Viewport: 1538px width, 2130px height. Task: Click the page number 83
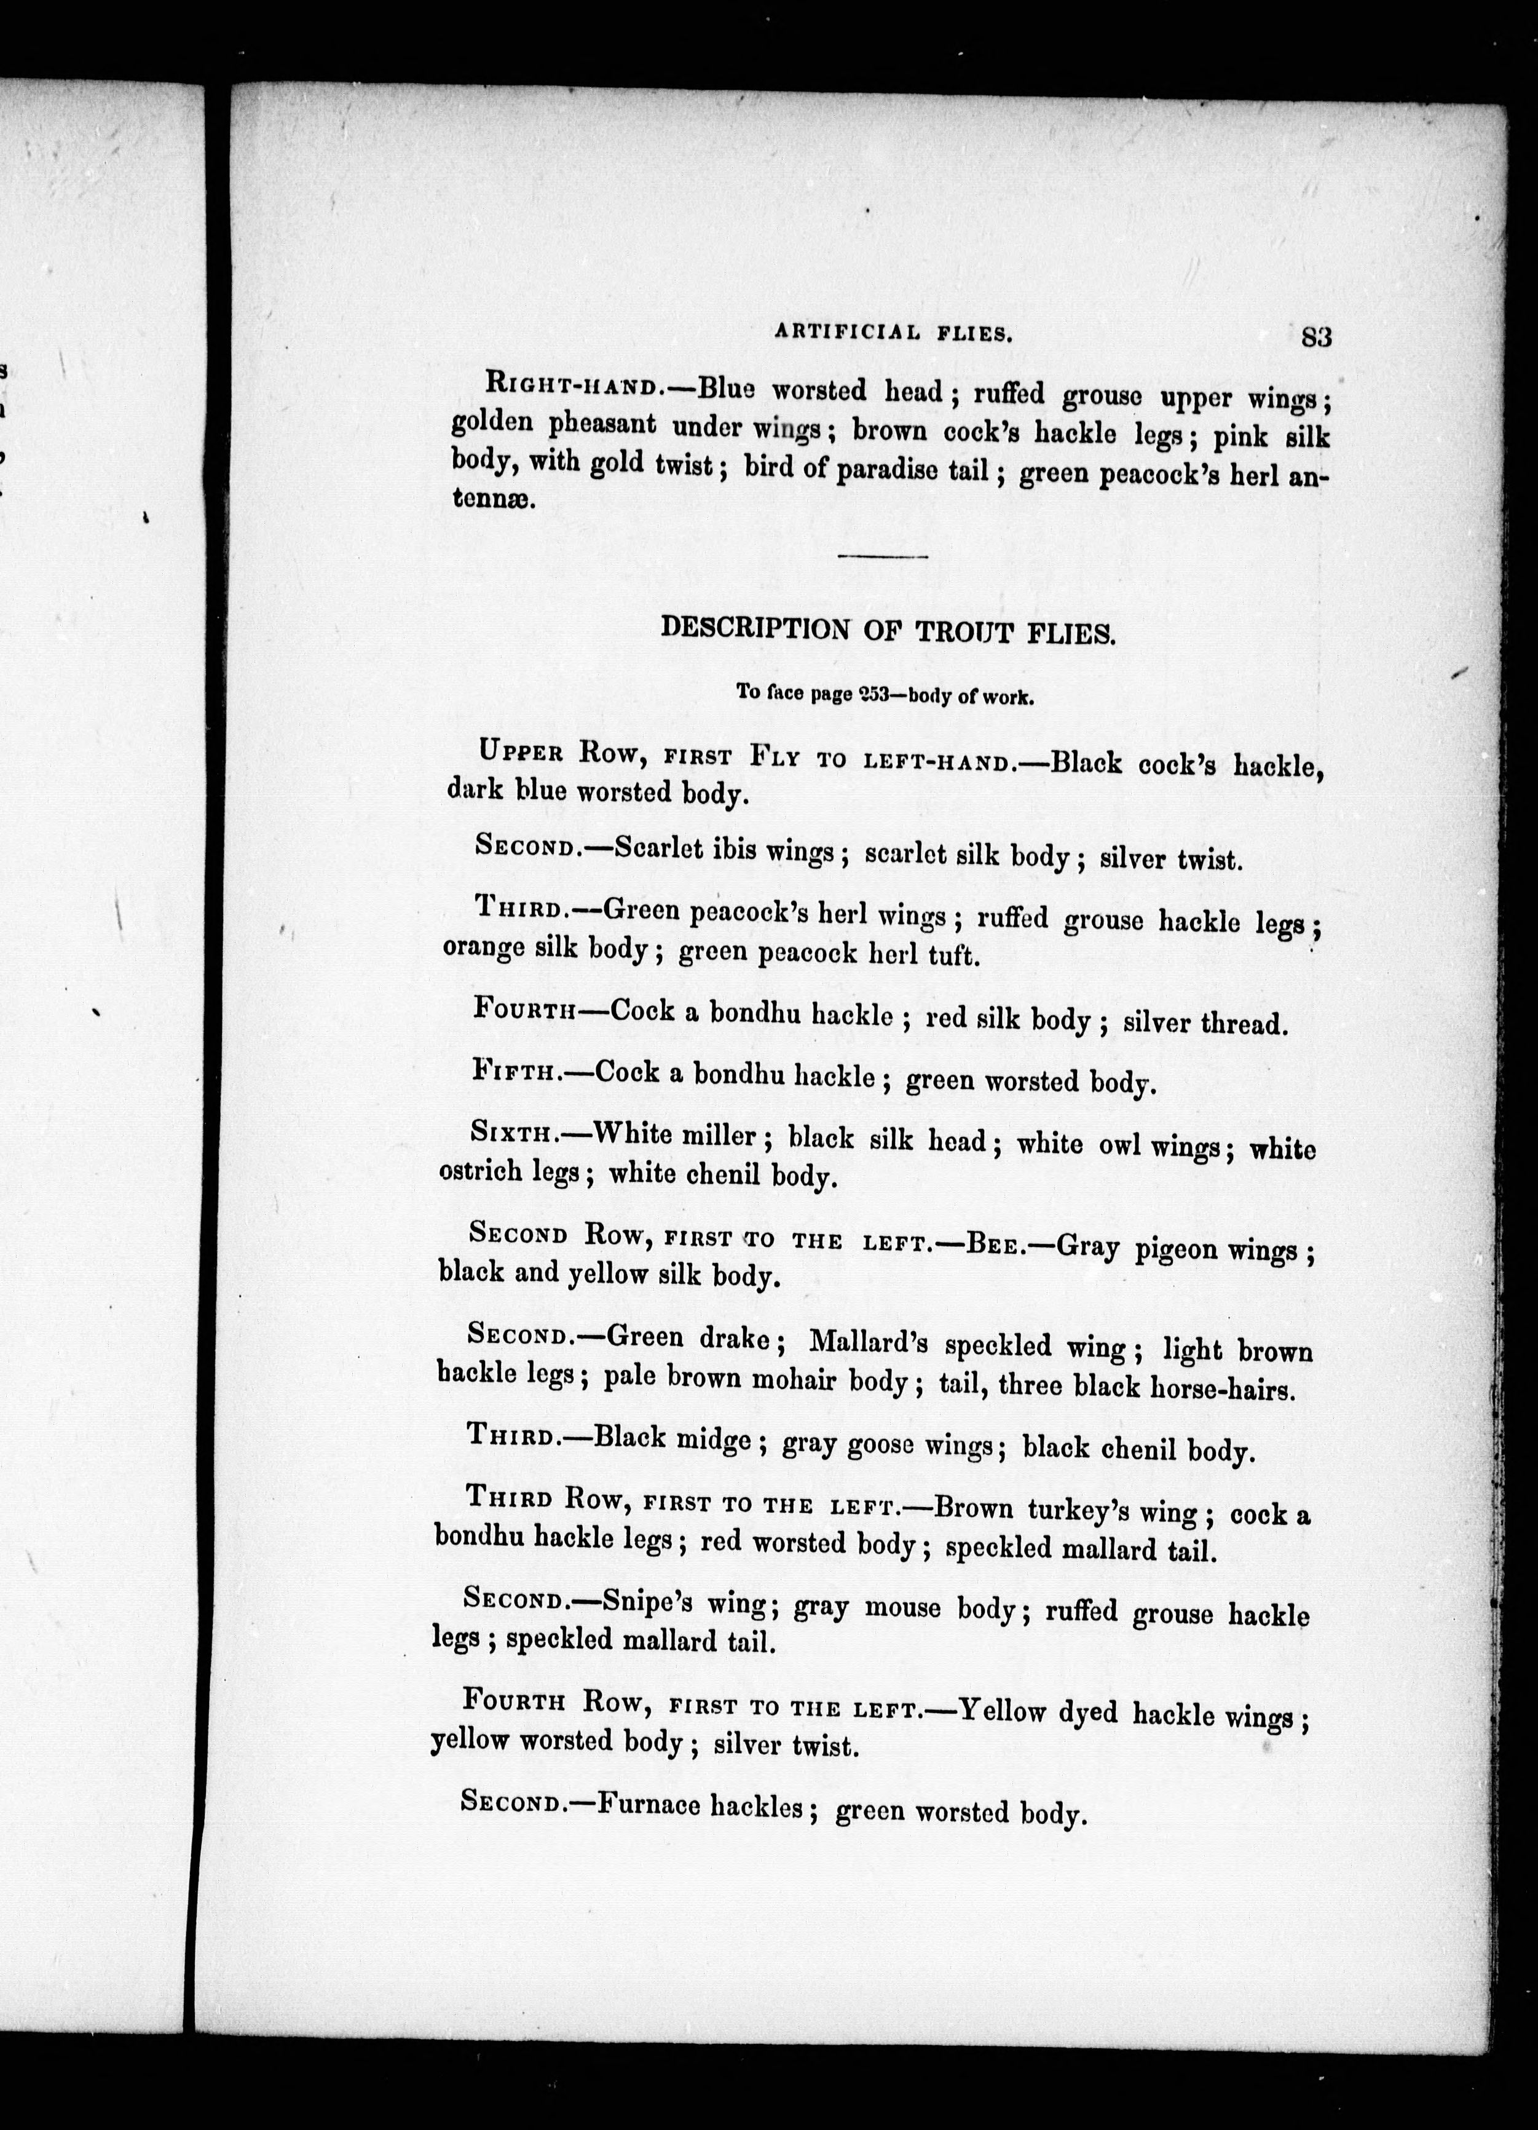(x=1317, y=336)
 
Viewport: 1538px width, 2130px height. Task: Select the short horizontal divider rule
(x=883, y=556)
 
